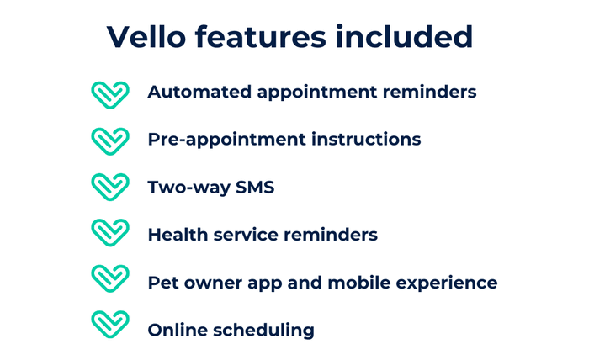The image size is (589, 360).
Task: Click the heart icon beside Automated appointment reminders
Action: click(x=109, y=93)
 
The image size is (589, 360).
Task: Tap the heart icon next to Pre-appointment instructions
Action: click(x=109, y=140)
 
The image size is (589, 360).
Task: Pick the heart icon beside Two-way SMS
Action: click(x=109, y=187)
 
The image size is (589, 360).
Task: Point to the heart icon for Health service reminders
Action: click(x=109, y=233)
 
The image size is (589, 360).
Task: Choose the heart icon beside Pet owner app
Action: click(x=109, y=279)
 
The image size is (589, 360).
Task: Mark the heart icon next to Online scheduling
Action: click(x=109, y=326)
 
